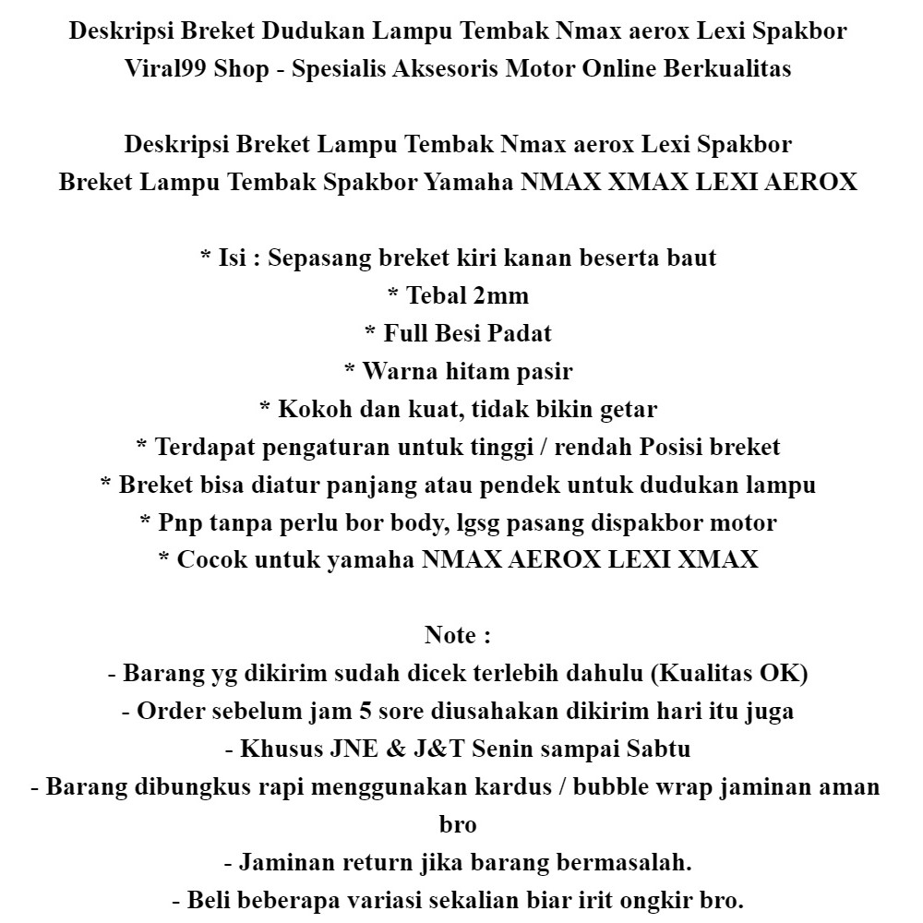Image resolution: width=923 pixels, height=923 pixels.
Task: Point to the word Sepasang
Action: pyautogui.click(x=320, y=258)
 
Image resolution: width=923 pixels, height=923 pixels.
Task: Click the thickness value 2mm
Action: pyautogui.click(x=501, y=296)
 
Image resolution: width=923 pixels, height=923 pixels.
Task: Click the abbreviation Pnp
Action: pyautogui.click(x=177, y=523)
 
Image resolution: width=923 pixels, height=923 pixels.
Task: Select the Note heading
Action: pyautogui.click(x=452, y=636)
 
